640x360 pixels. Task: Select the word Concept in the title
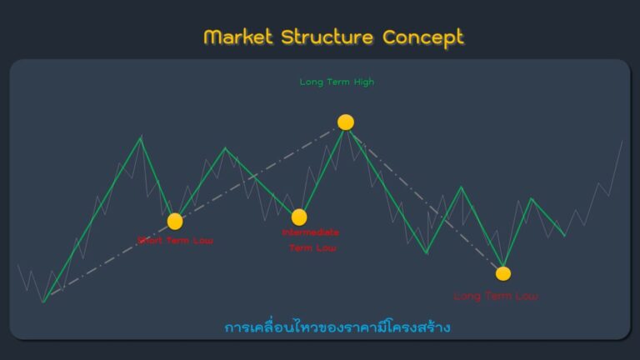point(422,37)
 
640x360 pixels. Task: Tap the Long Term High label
point(337,82)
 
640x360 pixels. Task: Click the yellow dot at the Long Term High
point(346,122)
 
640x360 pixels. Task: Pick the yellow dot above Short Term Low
point(175,221)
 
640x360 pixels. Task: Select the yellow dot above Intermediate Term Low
point(299,217)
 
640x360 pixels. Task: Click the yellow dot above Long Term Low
point(503,272)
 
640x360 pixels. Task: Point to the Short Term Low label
point(175,241)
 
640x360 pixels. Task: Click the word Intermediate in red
point(311,232)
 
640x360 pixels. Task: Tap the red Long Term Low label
point(496,296)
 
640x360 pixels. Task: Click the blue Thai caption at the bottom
point(337,327)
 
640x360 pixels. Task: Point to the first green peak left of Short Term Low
point(141,137)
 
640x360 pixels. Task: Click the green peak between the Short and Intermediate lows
point(224,148)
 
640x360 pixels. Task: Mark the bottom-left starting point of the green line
point(43,301)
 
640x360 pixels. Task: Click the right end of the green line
point(565,236)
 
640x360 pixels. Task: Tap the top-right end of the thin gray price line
point(622,142)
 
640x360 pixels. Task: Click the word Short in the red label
point(151,241)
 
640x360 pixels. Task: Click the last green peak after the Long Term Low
point(531,198)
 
